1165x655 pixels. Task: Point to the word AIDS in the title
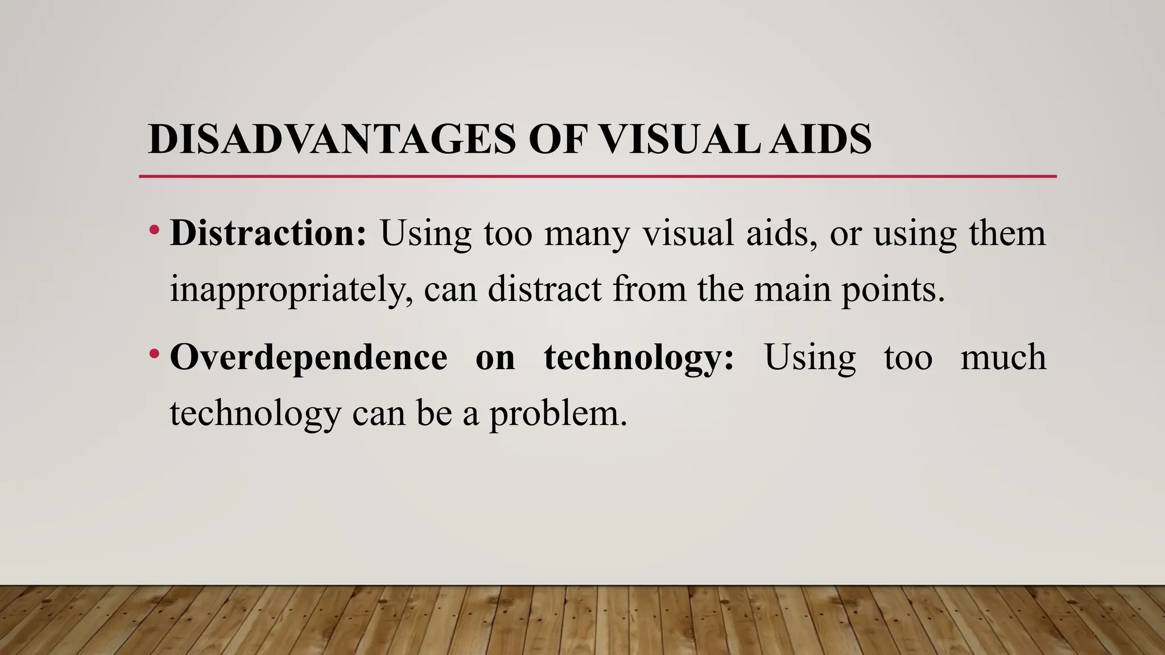point(820,139)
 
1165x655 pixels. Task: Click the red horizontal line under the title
point(597,177)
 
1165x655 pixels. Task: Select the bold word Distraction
point(268,233)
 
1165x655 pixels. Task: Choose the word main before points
point(792,289)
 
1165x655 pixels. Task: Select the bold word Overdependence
point(308,358)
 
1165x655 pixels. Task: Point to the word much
point(1003,358)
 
